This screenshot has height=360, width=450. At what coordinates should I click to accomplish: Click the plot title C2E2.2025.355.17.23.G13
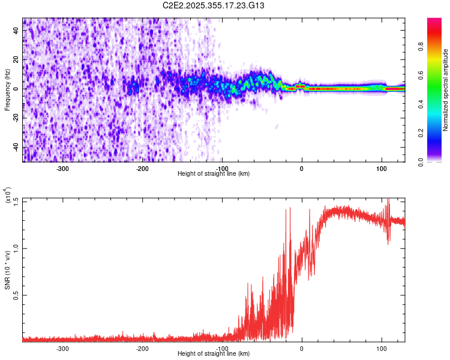(214, 5)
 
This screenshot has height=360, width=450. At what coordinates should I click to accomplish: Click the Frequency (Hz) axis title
(7, 89)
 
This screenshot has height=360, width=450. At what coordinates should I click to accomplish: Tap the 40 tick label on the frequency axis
(16, 31)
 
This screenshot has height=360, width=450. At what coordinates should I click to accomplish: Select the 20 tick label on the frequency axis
(16, 60)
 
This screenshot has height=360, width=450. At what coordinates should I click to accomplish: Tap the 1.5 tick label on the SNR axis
(16, 200)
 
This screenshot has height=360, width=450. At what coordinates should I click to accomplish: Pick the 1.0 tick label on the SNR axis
(16, 247)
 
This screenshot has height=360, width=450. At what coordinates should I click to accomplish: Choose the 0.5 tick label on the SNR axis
(16, 295)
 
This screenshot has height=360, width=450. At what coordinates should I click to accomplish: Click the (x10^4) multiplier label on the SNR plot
(8, 195)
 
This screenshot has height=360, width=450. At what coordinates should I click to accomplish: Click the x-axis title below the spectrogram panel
(214, 174)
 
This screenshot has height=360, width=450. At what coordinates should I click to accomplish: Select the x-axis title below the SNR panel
(214, 354)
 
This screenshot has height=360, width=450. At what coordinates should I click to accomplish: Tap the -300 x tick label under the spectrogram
(62, 168)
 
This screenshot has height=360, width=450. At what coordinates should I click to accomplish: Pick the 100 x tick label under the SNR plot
(381, 348)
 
